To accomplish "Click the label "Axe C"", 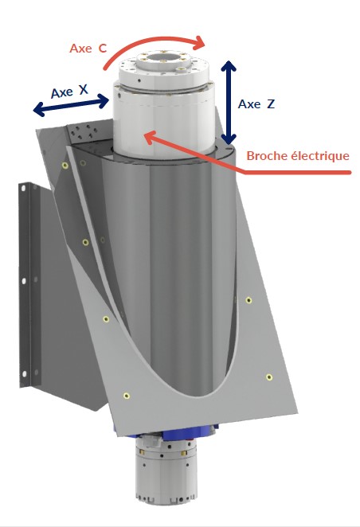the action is (x=88, y=49).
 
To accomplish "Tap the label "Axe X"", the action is (x=69, y=91).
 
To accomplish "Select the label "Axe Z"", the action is (x=256, y=104).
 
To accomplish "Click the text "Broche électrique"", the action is (x=298, y=155).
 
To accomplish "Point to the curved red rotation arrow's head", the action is (x=199, y=43).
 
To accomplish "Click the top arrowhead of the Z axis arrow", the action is (x=229, y=65).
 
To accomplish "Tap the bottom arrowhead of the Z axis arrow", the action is (x=229, y=139).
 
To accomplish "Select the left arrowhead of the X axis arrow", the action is (x=39, y=109).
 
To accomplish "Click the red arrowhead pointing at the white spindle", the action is (x=151, y=136).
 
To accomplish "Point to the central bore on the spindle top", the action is (x=163, y=58).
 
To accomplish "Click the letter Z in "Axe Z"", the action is (x=271, y=104).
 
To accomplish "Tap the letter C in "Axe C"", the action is (x=103, y=49).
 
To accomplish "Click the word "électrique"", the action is (x=319, y=155).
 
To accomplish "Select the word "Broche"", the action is (x=266, y=155).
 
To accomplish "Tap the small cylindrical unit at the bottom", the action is (x=166, y=469).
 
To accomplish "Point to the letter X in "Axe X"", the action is (x=84, y=89).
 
